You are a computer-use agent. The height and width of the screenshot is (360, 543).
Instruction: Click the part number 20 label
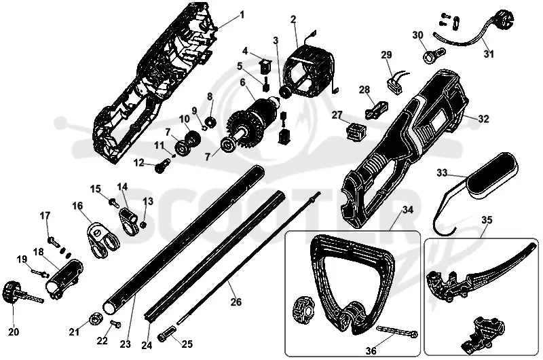click(14, 331)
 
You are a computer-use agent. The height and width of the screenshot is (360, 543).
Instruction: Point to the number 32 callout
click(483, 118)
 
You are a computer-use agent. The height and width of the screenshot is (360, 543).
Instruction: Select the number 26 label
click(236, 302)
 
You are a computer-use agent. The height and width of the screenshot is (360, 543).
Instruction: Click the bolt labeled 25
click(167, 335)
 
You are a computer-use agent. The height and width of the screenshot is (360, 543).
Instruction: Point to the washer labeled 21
click(96, 318)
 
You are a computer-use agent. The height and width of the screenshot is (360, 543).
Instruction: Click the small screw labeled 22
click(115, 323)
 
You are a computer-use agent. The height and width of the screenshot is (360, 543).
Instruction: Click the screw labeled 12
click(163, 166)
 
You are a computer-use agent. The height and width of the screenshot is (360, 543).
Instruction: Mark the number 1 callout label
click(242, 15)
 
